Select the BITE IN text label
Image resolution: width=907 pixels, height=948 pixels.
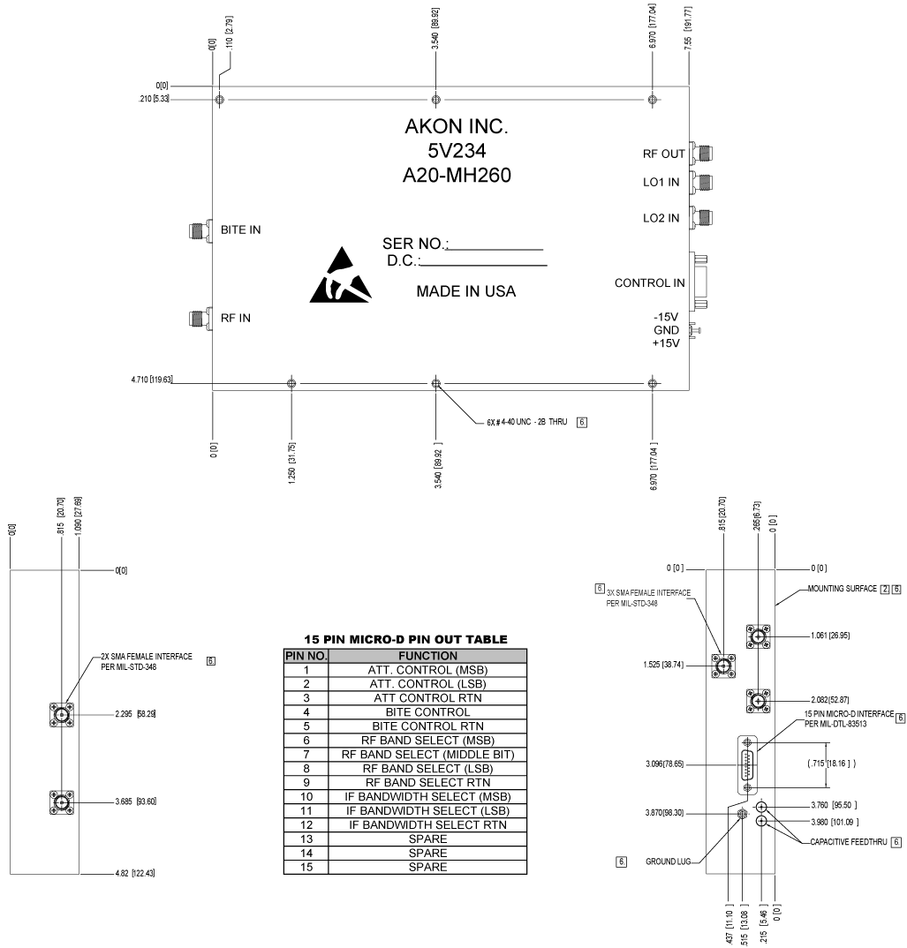tap(240, 230)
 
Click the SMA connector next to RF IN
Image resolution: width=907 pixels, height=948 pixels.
tap(197, 318)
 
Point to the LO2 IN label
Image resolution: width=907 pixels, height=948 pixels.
tap(661, 218)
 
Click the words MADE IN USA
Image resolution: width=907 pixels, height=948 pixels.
tap(466, 291)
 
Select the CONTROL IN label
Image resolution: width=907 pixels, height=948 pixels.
tap(650, 283)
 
